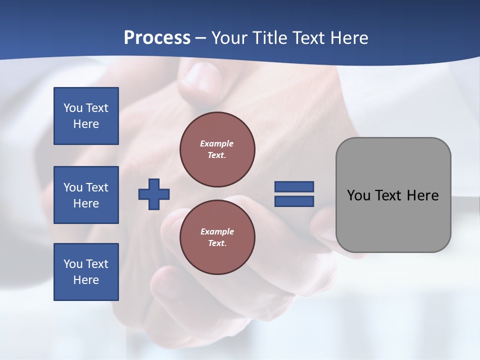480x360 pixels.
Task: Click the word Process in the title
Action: (157, 37)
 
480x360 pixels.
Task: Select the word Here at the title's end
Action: (348, 38)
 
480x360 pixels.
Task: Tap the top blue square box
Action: (86, 116)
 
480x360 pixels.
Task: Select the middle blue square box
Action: (86, 195)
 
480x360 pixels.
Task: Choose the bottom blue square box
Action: (86, 272)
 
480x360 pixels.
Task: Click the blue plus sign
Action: (154, 193)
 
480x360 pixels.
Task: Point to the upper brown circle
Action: (217, 149)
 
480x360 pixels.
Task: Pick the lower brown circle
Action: (217, 237)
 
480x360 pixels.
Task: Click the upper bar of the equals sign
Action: (294, 186)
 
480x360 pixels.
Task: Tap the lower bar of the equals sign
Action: (294, 201)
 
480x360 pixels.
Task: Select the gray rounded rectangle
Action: (393, 195)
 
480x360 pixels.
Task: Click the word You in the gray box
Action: (358, 195)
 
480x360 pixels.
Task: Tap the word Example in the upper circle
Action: (216, 143)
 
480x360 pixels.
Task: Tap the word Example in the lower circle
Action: (216, 231)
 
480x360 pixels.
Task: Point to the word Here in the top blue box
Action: (86, 124)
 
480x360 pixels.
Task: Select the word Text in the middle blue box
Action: (97, 187)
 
